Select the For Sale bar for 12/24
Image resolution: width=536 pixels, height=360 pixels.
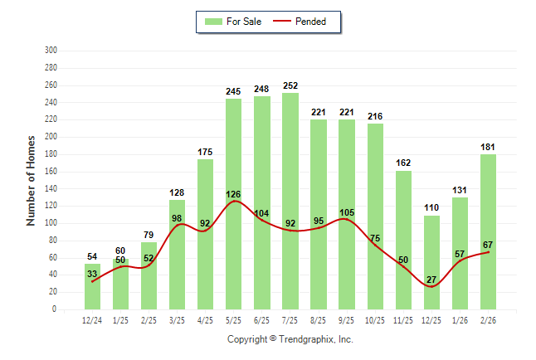pyautogui.click(x=92, y=286)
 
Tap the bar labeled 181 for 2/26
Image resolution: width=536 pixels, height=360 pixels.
pyautogui.click(x=488, y=231)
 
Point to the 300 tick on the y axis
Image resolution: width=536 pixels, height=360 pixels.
pyautogui.click(x=51, y=51)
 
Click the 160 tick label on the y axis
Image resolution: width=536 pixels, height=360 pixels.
pyautogui.click(x=51, y=171)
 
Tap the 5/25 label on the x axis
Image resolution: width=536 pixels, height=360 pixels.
pyautogui.click(x=233, y=319)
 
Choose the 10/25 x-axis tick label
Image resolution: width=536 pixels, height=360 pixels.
pyautogui.click(x=375, y=319)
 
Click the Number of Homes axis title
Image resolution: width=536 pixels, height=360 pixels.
pyautogui.click(x=31, y=181)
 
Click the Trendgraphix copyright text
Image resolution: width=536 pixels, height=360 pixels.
pyautogui.click(x=290, y=339)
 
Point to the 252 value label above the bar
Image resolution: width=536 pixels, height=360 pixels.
pyautogui.click(x=290, y=85)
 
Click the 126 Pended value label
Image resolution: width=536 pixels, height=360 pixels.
pyautogui.click(x=233, y=195)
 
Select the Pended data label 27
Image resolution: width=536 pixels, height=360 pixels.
pyautogui.click(x=431, y=280)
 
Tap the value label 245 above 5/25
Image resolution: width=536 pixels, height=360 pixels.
pyautogui.click(x=233, y=91)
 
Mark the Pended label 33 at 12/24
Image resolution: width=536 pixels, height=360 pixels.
pyautogui.click(x=92, y=275)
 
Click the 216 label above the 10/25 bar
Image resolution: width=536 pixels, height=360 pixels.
pyautogui.click(x=375, y=116)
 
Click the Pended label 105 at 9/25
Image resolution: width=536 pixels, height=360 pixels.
pyautogui.click(x=347, y=212)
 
